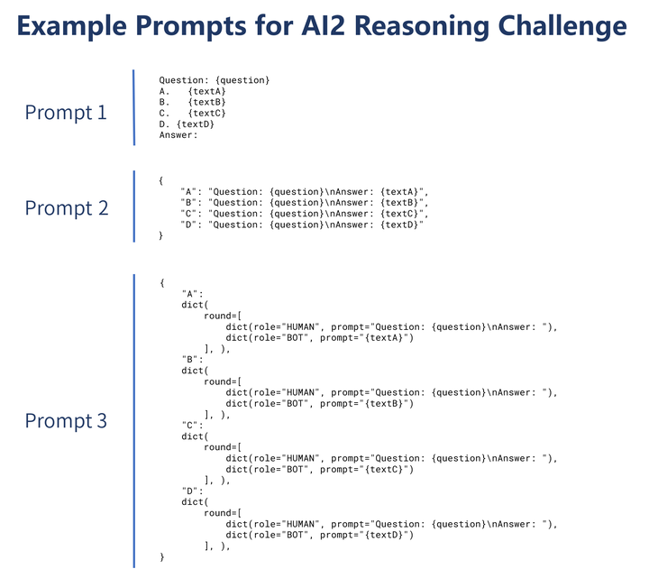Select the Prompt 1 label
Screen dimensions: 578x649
pos(66,113)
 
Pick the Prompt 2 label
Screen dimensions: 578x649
pos(66,208)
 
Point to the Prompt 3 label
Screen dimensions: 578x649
pos(66,420)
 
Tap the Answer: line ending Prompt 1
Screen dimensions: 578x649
pos(178,135)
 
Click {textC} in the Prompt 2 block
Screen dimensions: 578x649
pos(400,214)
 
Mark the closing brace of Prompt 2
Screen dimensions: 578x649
pos(161,235)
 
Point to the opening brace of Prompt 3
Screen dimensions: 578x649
pos(161,282)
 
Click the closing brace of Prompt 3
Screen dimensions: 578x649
pos(161,557)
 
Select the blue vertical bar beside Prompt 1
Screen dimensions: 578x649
pos(133,107)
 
